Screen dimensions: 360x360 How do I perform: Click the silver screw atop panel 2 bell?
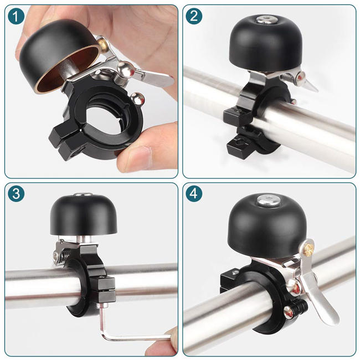[264, 20]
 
